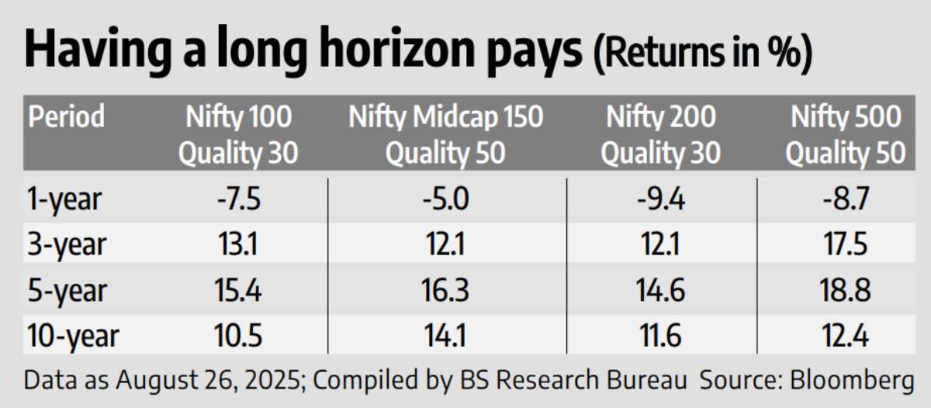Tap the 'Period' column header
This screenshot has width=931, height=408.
coord(66,117)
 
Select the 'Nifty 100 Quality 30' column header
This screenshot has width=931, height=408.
coord(239,135)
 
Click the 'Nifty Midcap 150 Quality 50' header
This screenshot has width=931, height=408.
coord(446,135)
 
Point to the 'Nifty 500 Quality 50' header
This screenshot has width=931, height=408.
coord(846,135)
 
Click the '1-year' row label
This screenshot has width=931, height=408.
coord(64,199)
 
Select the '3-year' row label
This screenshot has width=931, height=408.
coord(66,245)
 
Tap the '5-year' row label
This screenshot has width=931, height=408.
coord(66,291)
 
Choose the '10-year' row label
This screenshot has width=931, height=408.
coord(73,337)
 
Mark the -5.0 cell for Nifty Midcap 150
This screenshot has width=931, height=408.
coord(445,199)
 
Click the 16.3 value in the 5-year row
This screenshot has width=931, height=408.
coord(445,291)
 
